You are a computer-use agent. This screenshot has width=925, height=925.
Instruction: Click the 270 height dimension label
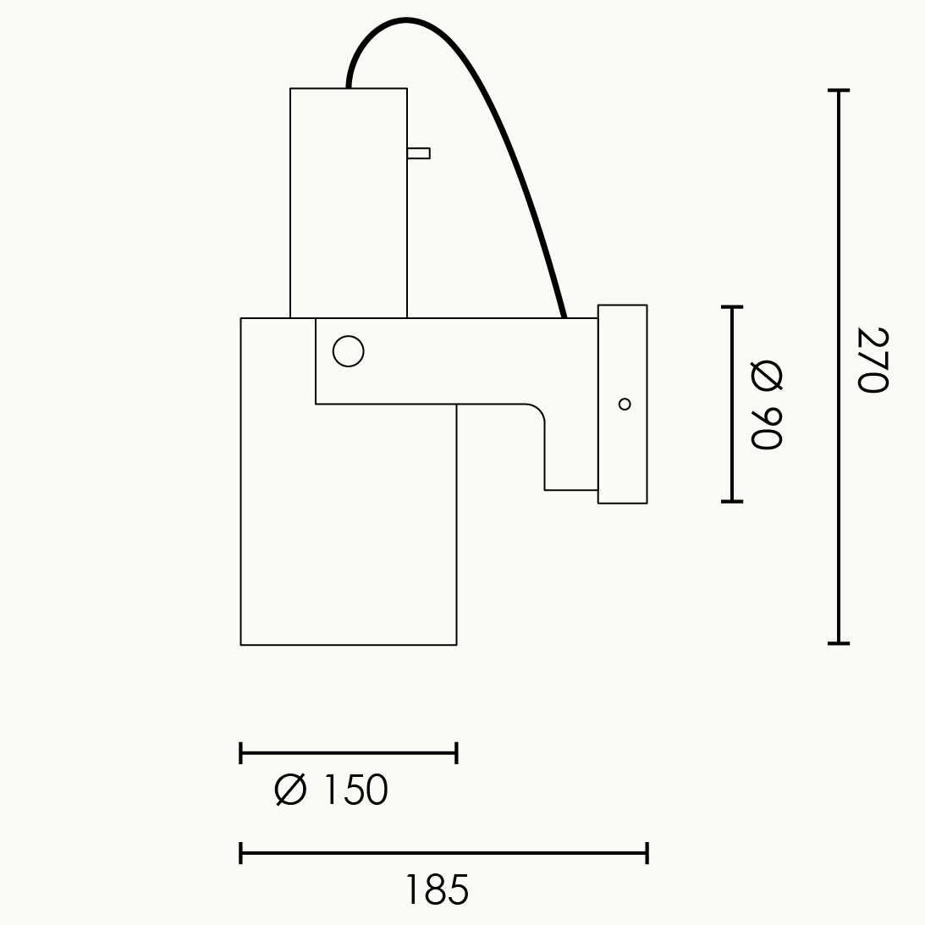pyautogui.click(x=873, y=360)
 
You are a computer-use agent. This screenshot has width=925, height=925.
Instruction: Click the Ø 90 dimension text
pyautogui.click(x=766, y=406)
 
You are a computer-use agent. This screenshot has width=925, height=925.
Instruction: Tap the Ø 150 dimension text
pyautogui.click(x=332, y=790)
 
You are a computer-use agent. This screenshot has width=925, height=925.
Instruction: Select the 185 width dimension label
pyautogui.click(x=438, y=889)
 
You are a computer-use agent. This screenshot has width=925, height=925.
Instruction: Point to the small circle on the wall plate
pyautogui.click(x=625, y=404)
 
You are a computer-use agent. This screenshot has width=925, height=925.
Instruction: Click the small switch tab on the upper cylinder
pyautogui.click(x=418, y=153)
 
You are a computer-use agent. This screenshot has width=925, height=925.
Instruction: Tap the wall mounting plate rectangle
pyautogui.click(x=622, y=404)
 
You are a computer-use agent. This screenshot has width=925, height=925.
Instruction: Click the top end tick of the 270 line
pyautogui.click(x=839, y=91)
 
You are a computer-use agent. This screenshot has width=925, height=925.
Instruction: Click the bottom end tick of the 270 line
pyautogui.click(x=839, y=643)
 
